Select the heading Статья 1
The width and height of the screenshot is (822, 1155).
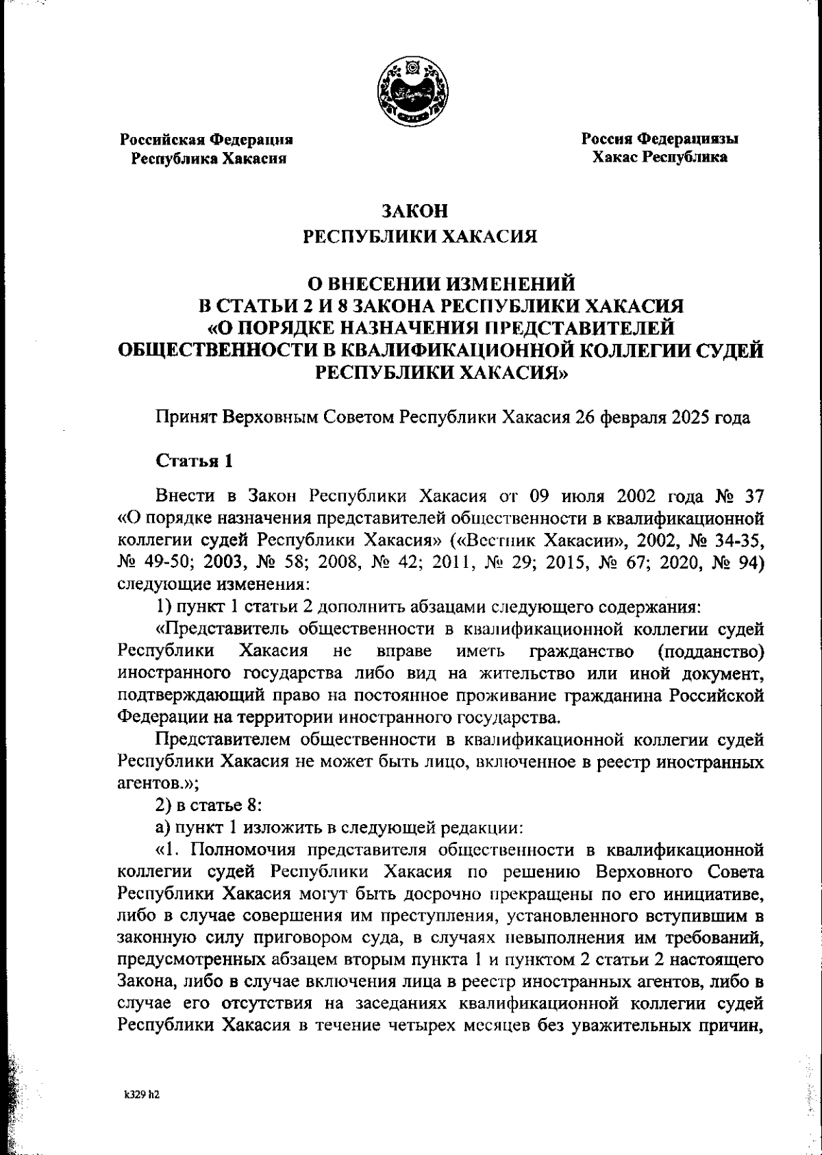[195, 460]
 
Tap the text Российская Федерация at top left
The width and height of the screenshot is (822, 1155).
[207, 140]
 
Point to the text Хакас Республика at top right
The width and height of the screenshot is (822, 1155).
[660, 158]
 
